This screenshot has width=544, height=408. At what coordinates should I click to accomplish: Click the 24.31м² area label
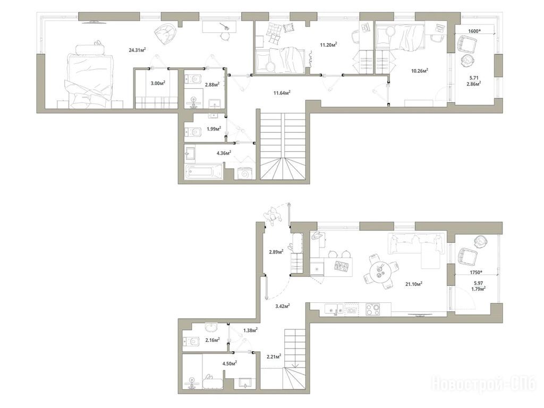tap(137, 50)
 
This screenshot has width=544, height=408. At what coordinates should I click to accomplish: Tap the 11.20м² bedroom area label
tap(328, 45)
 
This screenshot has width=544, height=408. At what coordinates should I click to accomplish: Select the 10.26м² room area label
tap(420, 71)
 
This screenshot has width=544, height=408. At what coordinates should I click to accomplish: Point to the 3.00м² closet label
tap(158, 83)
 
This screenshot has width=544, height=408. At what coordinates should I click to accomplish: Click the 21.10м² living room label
tap(414, 284)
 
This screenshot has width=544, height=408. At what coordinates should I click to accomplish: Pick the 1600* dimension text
tap(475, 31)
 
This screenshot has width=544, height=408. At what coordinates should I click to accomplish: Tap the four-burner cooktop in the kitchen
tap(372, 309)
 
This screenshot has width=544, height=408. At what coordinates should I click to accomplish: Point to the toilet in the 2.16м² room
tap(191, 342)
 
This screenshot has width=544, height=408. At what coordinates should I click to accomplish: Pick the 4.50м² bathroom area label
tap(229, 363)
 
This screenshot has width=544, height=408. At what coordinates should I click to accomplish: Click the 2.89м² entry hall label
tap(276, 252)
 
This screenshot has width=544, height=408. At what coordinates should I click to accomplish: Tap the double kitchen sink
tap(334, 308)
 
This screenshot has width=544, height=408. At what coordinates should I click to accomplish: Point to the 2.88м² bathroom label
tap(212, 84)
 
